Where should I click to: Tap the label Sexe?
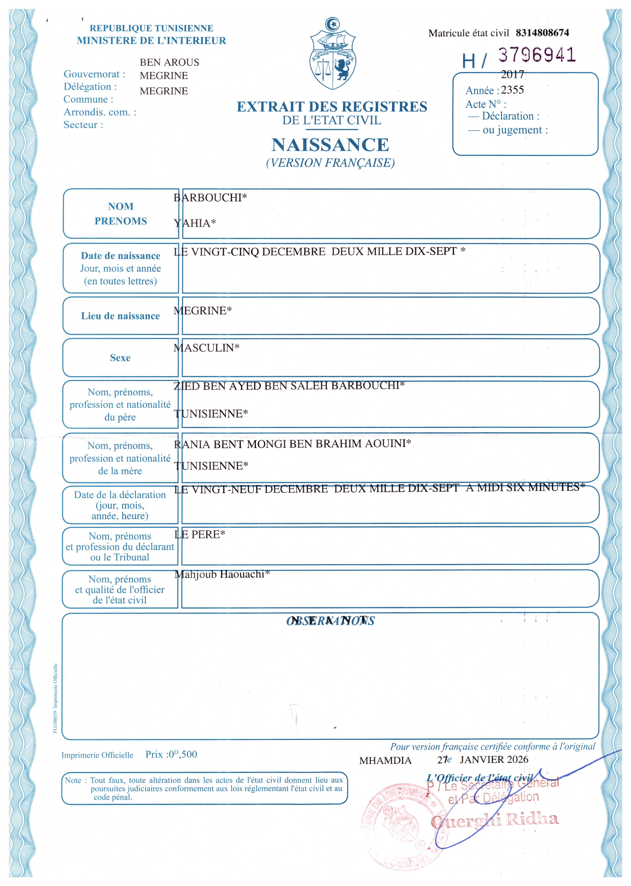[120, 358]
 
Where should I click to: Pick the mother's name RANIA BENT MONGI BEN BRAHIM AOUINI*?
[292, 444]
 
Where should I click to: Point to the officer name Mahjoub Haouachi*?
[222, 574]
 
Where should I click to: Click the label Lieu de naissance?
[120, 316]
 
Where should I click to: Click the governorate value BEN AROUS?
[169, 62]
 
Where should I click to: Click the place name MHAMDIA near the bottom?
[385, 760]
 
